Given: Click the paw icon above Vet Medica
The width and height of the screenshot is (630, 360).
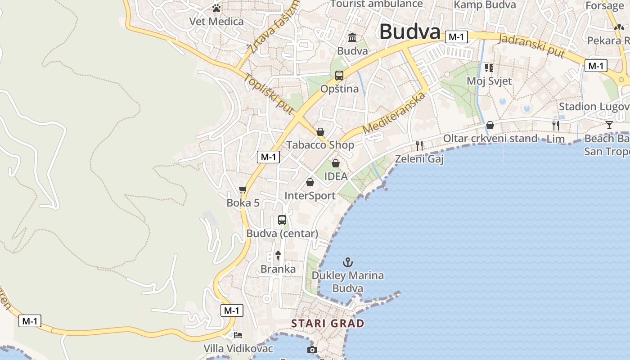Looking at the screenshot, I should pyautogui.click(x=216, y=8).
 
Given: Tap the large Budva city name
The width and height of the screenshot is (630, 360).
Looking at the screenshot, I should pyautogui.click(x=409, y=32).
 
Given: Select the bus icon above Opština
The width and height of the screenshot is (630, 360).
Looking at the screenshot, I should pyautogui.click(x=339, y=75).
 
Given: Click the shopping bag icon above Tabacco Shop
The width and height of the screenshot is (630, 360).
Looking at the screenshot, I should pyautogui.click(x=320, y=132).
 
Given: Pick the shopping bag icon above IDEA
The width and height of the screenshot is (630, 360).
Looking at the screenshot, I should pyautogui.click(x=336, y=163).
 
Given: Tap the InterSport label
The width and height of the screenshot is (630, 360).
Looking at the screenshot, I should pyautogui.click(x=310, y=196).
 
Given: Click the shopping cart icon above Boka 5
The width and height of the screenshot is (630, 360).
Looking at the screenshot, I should pyautogui.click(x=243, y=190).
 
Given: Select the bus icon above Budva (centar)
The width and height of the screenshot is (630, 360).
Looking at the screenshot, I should pyautogui.click(x=282, y=220).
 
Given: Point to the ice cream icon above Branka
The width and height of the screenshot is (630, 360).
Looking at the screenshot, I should pyautogui.click(x=278, y=256).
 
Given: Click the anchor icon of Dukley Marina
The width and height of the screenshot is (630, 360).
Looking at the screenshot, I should pyautogui.click(x=347, y=262).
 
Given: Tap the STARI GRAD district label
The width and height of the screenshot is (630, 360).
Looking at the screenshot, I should pyautogui.click(x=328, y=323).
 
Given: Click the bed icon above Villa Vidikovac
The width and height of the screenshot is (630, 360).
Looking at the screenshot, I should pyautogui.click(x=238, y=335).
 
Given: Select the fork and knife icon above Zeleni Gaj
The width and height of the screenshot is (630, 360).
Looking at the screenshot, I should pyautogui.click(x=419, y=145).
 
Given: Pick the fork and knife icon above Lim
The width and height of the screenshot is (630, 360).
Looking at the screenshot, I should pyautogui.click(x=556, y=125).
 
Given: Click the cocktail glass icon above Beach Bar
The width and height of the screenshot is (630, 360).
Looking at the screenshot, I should pyautogui.click(x=609, y=125).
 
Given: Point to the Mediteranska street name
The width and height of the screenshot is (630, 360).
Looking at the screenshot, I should pyautogui.click(x=394, y=112).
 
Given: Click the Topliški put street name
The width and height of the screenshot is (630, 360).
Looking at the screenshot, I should pyautogui.click(x=269, y=94).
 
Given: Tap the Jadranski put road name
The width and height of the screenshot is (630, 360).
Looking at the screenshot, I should pyautogui.click(x=532, y=45).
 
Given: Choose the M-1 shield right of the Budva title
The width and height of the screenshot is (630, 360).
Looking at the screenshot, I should pyautogui.click(x=456, y=37).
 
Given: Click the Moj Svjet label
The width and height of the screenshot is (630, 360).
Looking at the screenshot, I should pyautogui.click(x=489, y=81).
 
